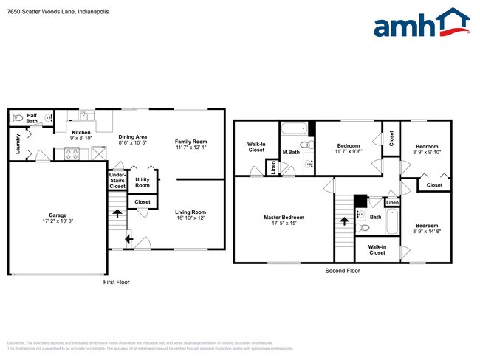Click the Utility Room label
coord(142,182)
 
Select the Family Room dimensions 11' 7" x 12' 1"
coord(191,148)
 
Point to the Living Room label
coord(191,212)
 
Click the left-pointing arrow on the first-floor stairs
coord(128,238)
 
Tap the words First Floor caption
coord(116,282)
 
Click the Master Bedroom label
coord(284,217)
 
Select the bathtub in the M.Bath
coord(295,128)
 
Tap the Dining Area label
coord(133,136)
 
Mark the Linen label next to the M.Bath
coord(272,167)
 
